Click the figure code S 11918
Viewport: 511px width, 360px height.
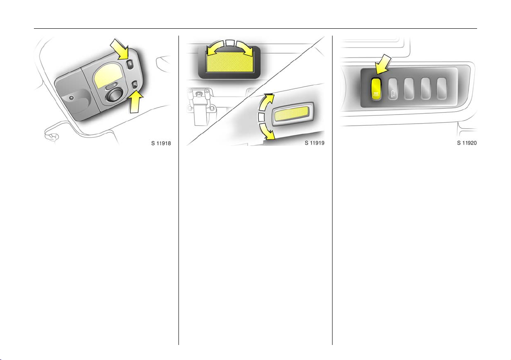coord(161,143)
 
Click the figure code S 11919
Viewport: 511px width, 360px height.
coord(314,143)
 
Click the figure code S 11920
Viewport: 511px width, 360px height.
coord(467,143)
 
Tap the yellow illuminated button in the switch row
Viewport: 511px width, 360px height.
coord(376,88)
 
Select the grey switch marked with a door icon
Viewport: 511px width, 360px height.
coord(393,88)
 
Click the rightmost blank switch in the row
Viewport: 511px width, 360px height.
coord(442,88)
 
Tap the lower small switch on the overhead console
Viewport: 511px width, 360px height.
coord(135,86)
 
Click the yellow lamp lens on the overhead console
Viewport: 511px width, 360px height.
coord(107,76)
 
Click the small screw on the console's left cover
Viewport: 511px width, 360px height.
coord(72,98)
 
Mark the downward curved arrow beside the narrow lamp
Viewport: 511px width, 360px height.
coord(266,131)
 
